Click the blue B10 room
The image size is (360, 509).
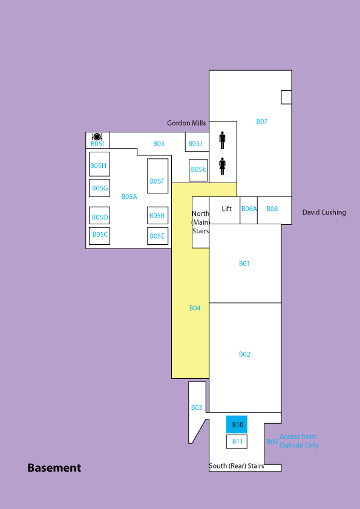click(x=237, y=424)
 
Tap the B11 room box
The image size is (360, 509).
click(x=237, y=442)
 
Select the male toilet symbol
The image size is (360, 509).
click(x=222, y=140)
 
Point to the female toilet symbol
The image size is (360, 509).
click(x=222, y=166)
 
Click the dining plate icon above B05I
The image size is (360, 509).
click(x=97, y=137)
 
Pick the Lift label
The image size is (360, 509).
click(x=226, y=209)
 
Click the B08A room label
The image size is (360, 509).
click(x=249, y=209)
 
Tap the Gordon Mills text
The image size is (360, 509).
click(x=186, y=123)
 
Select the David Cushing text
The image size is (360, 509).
click(x=324, y=212)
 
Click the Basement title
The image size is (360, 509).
click(x=54, y=468)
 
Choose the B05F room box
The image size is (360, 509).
click(x=157, y=176)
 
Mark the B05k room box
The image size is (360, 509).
click(x=198, y=170)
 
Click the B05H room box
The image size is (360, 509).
click(x=99, y=164)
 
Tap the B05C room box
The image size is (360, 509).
click(x=99, y=236)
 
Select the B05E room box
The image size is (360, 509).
click(x=157, y=236)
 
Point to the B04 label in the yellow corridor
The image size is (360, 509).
click(x=195, y=308)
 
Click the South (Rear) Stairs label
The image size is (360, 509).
click(x=236, y=466)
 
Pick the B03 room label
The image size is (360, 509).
click(x=197, y=407)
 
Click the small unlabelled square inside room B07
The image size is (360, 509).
click(x=286, y=97)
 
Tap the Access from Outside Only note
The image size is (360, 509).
click(x=299, y=441)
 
